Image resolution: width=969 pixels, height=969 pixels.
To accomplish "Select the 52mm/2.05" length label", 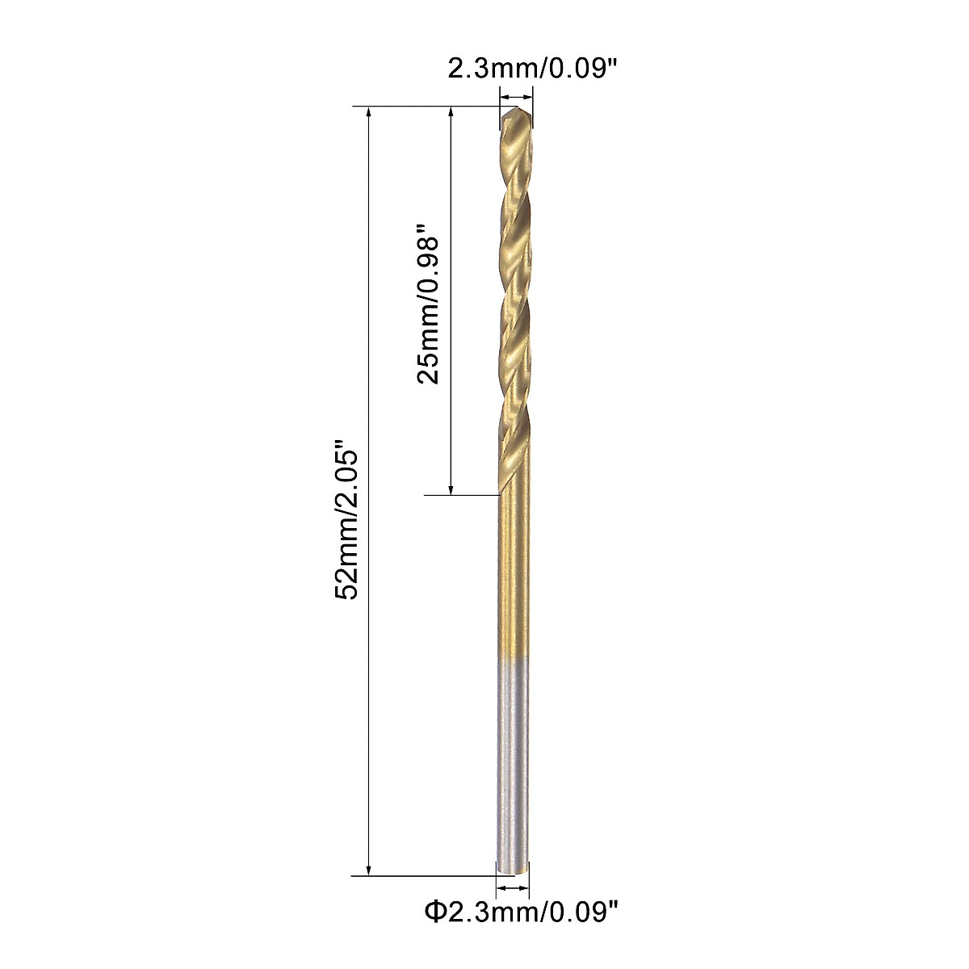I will pyautogui.click(x=345, y=519).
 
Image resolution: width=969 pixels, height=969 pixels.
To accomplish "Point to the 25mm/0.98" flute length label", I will pyautogui.click(x=427, y=309).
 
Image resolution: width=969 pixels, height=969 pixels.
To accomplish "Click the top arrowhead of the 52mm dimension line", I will pyautogui.click(x=369, y=113).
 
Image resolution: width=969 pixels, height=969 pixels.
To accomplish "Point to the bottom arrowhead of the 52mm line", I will pyautogui.click(x=369, y=868).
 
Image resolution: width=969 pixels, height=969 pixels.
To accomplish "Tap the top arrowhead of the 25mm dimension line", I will pyautogui.click(x=451, y=113).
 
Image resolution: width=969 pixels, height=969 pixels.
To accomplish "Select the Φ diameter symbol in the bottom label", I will pyautogui.click(x=435, y=913).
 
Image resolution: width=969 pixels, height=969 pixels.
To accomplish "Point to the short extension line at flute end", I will pyautogui.click(x=460, y=494).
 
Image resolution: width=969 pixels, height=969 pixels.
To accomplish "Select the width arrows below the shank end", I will pyautogui.click(x=512, y=887).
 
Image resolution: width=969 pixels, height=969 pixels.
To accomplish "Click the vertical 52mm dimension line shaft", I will pyautogui.click(x=369, y=323).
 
